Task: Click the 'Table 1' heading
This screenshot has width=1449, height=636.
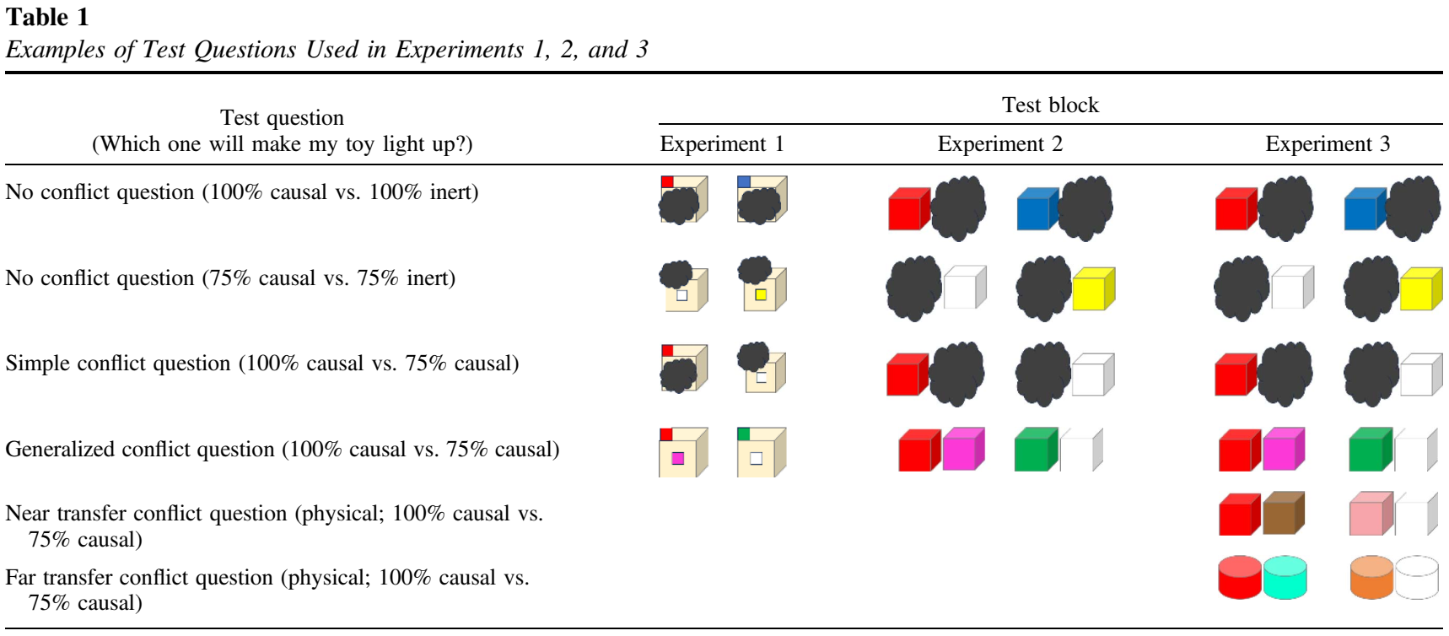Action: point(47,17)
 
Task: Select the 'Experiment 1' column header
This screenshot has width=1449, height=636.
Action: point(721,144)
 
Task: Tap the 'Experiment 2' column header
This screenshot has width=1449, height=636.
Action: point(999,144)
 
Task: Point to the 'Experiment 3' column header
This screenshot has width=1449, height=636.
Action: point(1327,144)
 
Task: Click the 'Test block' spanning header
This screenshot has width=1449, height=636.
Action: point(1050,105)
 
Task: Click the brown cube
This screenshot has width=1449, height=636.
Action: point(1282,515)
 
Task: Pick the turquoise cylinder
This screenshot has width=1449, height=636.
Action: point(1285,578)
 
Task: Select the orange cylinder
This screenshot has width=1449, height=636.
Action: point(1371,578)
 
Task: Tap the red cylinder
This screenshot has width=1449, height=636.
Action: point(1240,578)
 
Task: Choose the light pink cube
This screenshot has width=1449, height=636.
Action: point(1370,515)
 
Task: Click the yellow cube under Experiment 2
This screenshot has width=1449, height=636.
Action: point(1092,289)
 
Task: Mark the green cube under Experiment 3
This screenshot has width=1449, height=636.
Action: point(1370,450)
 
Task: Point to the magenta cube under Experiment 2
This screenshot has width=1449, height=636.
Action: point(962,450)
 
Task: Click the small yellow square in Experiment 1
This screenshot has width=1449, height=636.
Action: point(761,295)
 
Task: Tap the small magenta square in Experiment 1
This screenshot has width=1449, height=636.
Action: point(677,458)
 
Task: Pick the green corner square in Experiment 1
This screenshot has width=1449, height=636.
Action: point(743,434)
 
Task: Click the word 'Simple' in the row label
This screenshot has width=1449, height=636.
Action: point(35,364)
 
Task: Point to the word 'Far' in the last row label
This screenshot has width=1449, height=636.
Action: point(19,578)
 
